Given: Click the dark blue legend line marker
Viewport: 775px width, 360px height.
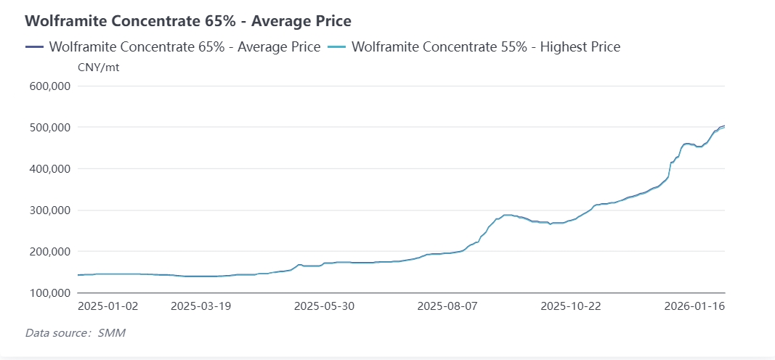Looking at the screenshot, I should (x=34, y=47).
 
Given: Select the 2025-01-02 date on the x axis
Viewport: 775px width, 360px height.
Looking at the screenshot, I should (x=107, y=306).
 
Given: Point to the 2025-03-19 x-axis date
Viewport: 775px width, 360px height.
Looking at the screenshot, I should (x=200, y=306).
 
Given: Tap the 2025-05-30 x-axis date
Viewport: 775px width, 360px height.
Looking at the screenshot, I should (x=324, y=306).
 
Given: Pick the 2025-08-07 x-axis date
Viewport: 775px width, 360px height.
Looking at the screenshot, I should (x=447, y=306).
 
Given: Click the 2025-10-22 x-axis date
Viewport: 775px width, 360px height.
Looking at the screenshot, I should (x=571, y=306).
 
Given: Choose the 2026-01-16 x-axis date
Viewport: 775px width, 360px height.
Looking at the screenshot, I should (x=694, y=306).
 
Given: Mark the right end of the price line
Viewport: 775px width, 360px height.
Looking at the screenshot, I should (x=725, y=126).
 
